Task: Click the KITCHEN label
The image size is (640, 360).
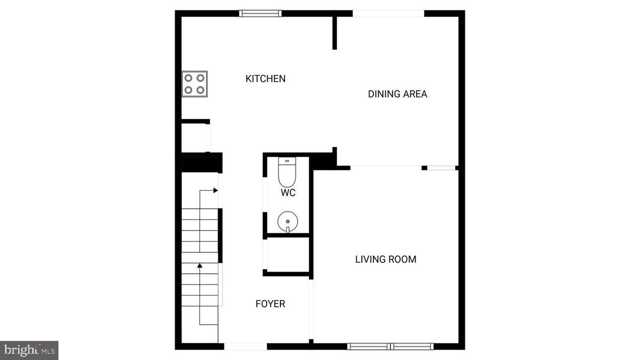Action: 265,79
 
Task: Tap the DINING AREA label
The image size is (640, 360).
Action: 397,94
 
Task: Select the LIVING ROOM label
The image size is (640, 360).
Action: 386,259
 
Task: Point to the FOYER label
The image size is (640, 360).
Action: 270,304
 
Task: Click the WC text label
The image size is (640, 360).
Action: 288,193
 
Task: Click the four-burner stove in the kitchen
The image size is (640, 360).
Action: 194,84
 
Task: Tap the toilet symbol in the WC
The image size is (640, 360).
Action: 287,172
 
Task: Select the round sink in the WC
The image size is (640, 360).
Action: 287,221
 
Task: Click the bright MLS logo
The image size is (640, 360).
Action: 29,350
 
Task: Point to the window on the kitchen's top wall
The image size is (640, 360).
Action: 260,13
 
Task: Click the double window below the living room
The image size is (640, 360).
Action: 390,346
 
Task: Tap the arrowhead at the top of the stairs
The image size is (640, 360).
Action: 215,190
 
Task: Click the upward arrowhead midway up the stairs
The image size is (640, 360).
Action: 200,265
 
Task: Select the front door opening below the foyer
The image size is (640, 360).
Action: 246,346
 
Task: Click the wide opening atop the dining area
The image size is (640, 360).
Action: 388,13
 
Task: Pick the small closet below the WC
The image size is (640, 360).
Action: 288,254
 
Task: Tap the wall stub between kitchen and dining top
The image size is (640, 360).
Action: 335,32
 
